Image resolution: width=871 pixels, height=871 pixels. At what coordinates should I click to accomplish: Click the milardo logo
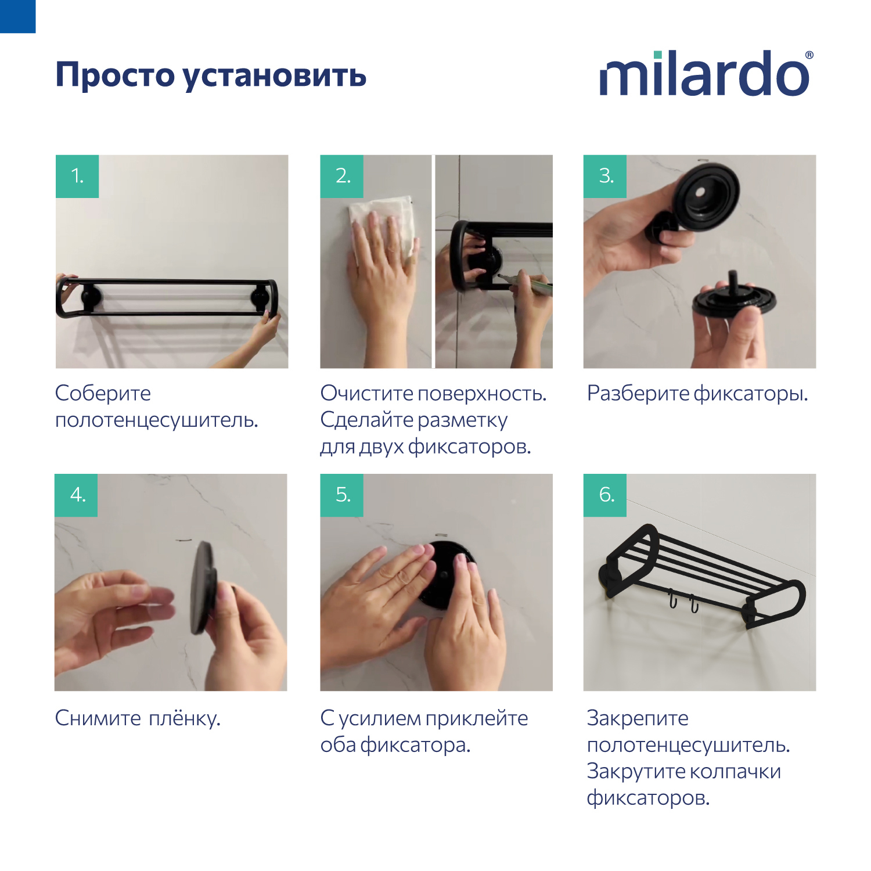pyautogui.click(x=704, y=74)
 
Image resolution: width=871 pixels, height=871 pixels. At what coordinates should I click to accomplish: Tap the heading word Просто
pyautogui.click(x=114, y=75)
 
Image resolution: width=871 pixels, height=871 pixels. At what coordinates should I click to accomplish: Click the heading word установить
pyautogui.click(x=275, y=76)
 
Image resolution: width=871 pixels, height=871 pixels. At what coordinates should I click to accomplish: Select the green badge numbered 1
pyautogui.click(x=77, y=176)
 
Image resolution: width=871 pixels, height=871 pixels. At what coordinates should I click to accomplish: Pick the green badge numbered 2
pyautogui.click(x=342, y=176)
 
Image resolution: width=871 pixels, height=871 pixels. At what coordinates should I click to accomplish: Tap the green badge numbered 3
pyautogui.click(x=605, y=176)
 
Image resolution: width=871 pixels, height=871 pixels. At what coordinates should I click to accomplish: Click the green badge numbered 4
pyautogui.click(x=77, y=495)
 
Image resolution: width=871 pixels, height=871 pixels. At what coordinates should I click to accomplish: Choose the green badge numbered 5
pyautogui.click(x=342, y=495)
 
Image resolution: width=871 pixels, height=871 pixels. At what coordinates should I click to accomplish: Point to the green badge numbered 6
pyautogui.click(x=605, y=495)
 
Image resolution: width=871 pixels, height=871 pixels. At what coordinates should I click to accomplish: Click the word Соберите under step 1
pyautogui.click(x=103, y=394)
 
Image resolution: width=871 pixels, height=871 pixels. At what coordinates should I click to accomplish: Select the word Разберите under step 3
pyautogui.click(x=638, y=394)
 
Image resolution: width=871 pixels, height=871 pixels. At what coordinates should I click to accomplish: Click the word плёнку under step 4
pyautogui.click(x=185, y=719)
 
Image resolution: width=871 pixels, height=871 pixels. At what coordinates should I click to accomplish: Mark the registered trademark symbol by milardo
pyautogui.click(x=809, y=56)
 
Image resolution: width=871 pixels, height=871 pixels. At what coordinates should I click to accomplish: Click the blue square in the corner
pyautogui.click(x=17, y=16)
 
